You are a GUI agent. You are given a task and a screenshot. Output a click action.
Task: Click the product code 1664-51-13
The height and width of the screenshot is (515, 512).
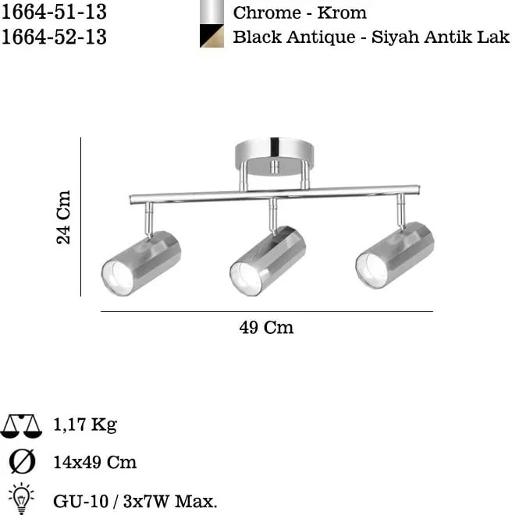tap(54, 12)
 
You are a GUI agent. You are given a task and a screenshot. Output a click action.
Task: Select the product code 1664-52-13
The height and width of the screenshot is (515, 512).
tap(54, 37)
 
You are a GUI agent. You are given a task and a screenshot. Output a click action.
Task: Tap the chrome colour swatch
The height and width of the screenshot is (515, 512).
tap(212, 12)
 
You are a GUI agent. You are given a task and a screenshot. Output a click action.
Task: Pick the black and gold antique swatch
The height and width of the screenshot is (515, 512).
tap(212, 36)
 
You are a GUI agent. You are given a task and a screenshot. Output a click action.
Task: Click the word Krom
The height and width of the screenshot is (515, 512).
tap(341, 13)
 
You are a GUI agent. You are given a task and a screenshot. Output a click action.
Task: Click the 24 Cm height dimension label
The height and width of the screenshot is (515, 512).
tap(63, 217)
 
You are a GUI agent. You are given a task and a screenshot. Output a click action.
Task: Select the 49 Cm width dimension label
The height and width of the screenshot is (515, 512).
tap(266, 328)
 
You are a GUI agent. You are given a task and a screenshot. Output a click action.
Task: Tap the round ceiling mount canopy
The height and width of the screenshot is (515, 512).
tap(274, 157)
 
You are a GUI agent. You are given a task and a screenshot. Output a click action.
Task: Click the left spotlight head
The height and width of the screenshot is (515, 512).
tap(141, 263)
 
